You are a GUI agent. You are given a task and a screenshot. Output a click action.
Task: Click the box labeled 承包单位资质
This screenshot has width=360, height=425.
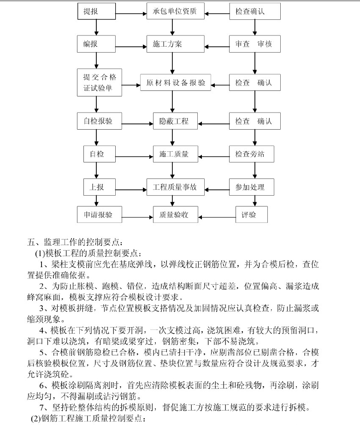pyautogui.click(x=176, y=11)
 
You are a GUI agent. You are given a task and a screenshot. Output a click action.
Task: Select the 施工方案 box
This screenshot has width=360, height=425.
pyautogui.click(x=176, y=44)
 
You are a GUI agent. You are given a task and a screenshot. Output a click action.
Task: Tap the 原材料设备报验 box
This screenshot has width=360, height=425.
pyautogui.click(x=176, y=83)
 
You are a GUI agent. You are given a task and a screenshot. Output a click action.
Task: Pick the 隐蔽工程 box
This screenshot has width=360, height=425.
pyautogui.click(x=176, y=121)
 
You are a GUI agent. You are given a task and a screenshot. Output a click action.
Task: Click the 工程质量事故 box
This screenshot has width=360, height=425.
pyautogui.click(x=176, y=187)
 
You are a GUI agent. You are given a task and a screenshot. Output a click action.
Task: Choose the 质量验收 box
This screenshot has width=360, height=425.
pyautogui.click(x=176, y=215)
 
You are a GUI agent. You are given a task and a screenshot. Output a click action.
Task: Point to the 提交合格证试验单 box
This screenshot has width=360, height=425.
pyautogui.click(x=100, y=83)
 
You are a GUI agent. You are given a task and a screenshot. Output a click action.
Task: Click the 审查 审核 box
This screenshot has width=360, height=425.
pyautogui.click(x=255, y=44)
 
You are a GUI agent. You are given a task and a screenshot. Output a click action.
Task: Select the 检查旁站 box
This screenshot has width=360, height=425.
pyautogui.click(x=252, y=154)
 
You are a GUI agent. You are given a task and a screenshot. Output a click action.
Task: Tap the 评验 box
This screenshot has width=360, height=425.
pyautogui.click(x=252, y=215)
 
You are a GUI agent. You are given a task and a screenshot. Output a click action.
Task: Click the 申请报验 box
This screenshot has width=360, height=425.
pyautogui.click(x=100, y=215)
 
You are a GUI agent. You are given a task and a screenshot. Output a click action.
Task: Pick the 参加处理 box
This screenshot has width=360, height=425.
pyautogui.click(x=252, y=187)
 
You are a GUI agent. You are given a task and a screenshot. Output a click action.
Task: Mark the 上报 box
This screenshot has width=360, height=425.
pyautogui.click(x=100, y=187)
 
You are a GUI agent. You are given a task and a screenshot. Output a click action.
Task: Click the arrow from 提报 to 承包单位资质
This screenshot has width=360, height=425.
pyautogui.click(x=131, y=13)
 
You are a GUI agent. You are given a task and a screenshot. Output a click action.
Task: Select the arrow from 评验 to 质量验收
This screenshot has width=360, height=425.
pyautogui.click(x=217, y=217)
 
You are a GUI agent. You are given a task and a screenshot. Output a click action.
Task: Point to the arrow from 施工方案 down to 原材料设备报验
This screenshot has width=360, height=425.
pyautogui.click(x=172, y=63)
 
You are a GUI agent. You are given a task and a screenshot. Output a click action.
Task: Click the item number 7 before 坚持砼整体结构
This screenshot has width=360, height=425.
pyautogui.click(x=42, y=407)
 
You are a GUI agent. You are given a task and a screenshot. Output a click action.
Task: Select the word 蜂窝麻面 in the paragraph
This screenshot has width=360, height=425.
pyautogui.click(x=44, y=297)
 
